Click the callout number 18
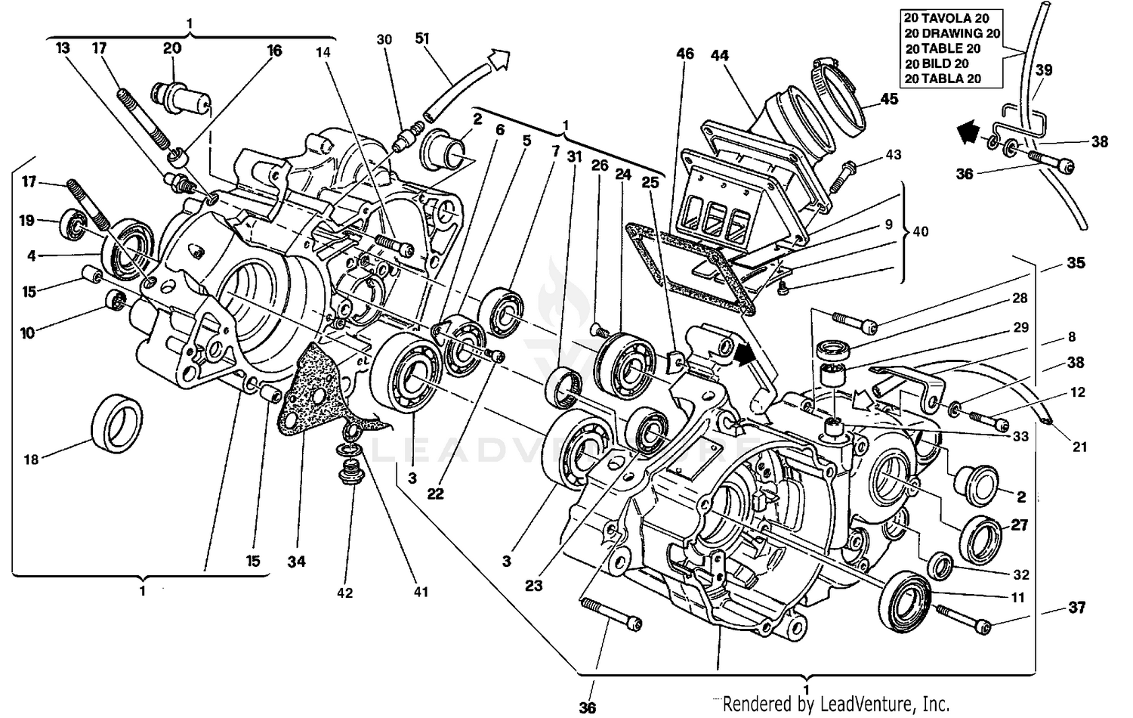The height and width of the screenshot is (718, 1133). (x=31, y=459)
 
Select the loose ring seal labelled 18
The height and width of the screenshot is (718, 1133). (x=116, y=423)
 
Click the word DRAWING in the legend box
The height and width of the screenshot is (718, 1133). (x=952, y=33)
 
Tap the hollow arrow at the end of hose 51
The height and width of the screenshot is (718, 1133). (x=498, y=57)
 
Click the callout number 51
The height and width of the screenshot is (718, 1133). (x=422, y=38)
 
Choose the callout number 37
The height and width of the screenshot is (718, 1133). (x=1076, y=607)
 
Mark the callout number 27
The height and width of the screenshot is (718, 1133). (x=1020, y=525)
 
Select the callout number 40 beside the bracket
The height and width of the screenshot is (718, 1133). (x=921, y=231)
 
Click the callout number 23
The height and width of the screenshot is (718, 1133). (x=533, y=585)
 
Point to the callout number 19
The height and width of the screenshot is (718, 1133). (x=27, y=221)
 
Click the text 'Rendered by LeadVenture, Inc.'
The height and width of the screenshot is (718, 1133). (x=836, y=704)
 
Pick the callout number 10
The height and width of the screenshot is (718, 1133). (x=27, y=333)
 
